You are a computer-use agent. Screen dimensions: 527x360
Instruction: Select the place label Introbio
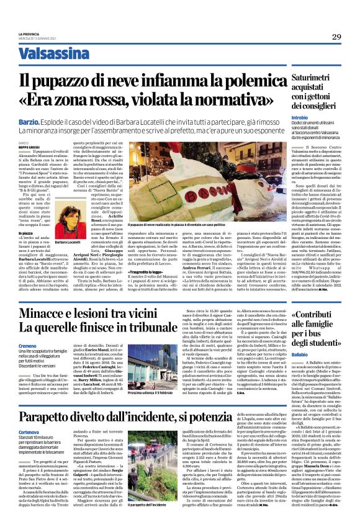(x=299, y=117)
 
